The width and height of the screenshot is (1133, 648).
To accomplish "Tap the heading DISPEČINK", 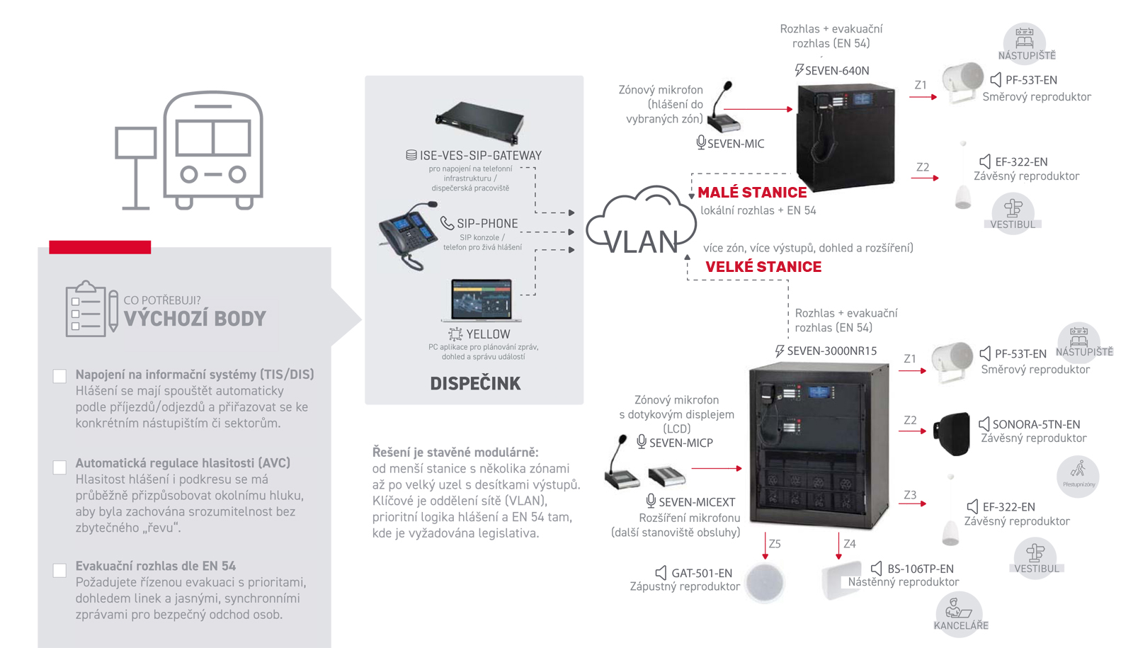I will coord(475,384).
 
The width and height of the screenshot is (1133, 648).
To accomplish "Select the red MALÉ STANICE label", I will coord(752,193).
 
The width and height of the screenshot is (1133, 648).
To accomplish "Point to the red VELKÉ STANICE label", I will coord(763,267).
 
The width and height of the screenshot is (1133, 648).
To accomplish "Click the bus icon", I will coord(212,149).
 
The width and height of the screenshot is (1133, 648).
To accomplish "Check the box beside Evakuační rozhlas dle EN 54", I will coord(60,570).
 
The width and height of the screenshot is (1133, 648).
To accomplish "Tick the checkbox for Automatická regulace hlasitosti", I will coord(60,467).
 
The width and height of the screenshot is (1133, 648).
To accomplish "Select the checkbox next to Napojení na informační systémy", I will coord(60,376).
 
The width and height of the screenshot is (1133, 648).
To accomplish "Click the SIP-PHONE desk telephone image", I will coord(408,235).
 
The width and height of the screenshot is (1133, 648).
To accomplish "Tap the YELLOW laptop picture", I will coord(482,300).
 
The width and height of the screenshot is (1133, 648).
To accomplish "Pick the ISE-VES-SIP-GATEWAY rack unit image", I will coord(479,122).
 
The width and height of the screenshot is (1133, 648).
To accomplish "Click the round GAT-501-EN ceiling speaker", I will coord(765,583).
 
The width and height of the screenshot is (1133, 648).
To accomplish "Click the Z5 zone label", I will coord(775,544).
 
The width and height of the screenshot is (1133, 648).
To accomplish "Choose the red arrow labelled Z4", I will coord(838,547).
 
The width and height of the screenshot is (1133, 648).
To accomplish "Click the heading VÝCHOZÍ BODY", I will coord(195,319).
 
